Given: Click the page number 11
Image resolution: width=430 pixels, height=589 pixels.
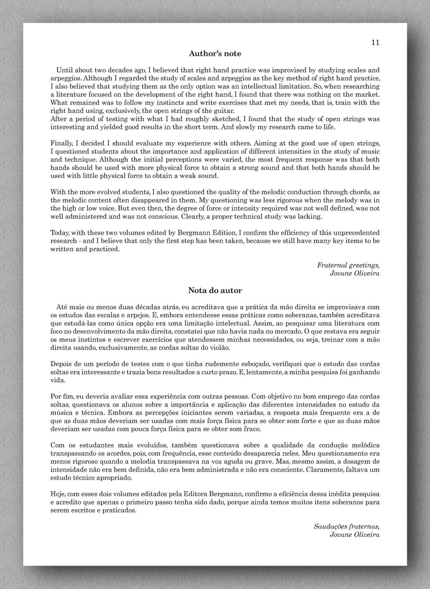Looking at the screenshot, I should tap(375, 42).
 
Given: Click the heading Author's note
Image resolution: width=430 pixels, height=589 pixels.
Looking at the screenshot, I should tap(215, 54).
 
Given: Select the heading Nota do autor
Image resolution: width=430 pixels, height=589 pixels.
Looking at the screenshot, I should tap(215, 290).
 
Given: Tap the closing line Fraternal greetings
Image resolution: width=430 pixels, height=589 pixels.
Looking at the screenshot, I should tap(348, 265).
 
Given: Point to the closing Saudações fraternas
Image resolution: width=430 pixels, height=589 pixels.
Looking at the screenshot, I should tap(347, 526).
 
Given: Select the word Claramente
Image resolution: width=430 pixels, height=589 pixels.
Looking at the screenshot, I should tap(323, 469).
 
